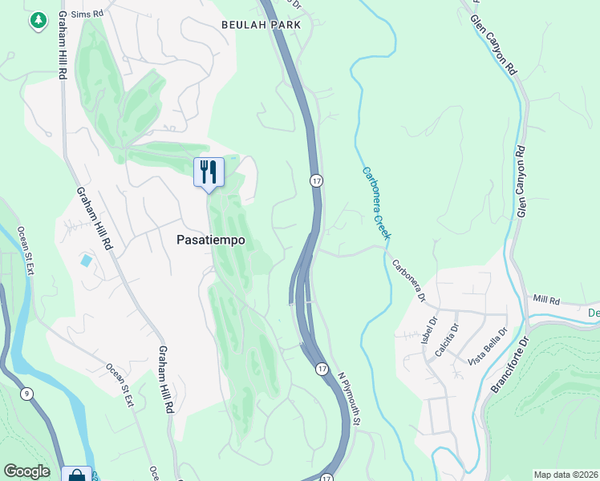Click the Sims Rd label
click(87, 14)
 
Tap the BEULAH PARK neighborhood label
click(261, 26)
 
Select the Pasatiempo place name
click(210, 240)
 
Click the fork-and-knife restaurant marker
click(209, 172)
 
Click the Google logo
click(26, 471)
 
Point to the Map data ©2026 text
click(566, 475)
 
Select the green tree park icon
click(37, 22)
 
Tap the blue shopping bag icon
click(76, 475)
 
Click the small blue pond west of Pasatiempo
click(86, 261)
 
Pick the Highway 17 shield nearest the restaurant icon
click(317, 182)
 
